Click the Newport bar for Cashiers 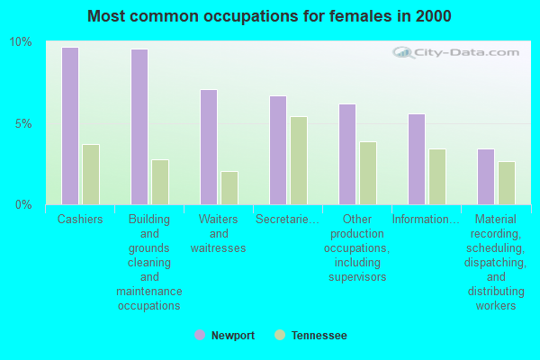pos(69,126)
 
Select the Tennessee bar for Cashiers pos(91,175)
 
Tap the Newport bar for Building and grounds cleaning pos(139,127)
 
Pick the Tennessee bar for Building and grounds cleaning pos(160,182)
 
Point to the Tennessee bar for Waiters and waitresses pos(229,188)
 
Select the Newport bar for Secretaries pos(277,150)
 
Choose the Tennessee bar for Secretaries pos(299,160)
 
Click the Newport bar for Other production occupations pos(346,154)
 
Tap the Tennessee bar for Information pos(437,176)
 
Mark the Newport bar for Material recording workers pos(485,176)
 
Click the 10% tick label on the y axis pos(21,42)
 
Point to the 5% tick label pos(23,123)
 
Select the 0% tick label pos(23,204)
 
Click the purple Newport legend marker pos(200,335)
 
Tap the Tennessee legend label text pos(319,336)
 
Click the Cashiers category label pos(80,220)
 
